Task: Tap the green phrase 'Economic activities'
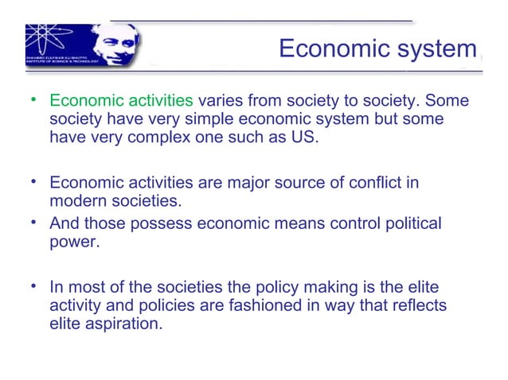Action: pyautogui.click(x=121, y=102)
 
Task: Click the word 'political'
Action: pyautogui.click(x=404, y=224)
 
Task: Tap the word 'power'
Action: pyautogui.click(x=73, y=242)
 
